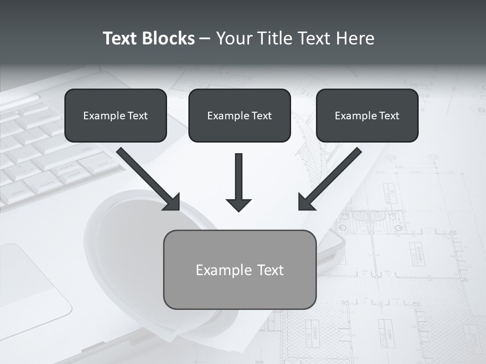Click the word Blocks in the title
pyautogui.click(x=168, y=38)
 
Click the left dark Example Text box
pyautogui.click(x=115, y=115)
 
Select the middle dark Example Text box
pyautogui.click(x=239, y=115)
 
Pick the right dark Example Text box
pyautogui.click(x=367, y=115)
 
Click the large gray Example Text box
pyautogui.click(x=239, y=269)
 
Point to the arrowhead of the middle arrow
pyautogui.click(x=239, y=205)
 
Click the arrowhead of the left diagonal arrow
pyautogui.click(x=173, y=203)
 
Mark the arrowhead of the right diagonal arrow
pyautogui.click(x=305, y=203)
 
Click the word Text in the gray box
pyautogui.click(x=270, y=270)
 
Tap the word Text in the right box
pyautogui.click(x=388, y=116)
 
